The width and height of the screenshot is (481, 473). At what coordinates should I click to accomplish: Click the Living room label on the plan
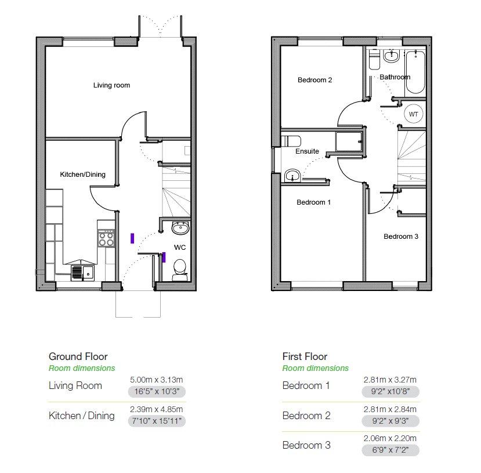111,85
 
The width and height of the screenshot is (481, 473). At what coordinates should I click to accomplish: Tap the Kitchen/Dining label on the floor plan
82,174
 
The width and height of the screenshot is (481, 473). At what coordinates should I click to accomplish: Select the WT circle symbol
413,114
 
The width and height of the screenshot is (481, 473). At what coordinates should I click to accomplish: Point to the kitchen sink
82,272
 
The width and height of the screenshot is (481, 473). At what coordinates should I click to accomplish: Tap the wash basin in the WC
180,228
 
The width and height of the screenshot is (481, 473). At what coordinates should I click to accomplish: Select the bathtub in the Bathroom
415,72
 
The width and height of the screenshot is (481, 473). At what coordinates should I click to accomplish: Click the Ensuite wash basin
292,176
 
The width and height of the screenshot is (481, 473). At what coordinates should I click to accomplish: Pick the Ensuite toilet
291,141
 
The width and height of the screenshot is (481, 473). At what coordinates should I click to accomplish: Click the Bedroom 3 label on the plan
400,237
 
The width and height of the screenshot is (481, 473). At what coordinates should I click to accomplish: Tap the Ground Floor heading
78,356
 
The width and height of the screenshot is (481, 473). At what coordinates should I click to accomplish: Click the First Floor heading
305,356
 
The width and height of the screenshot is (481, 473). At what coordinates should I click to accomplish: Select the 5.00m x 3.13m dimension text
157,380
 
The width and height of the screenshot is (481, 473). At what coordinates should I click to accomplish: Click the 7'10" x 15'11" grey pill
157,421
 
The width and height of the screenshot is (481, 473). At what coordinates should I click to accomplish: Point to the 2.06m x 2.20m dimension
390,438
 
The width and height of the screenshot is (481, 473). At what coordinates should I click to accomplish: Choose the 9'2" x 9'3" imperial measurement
390,421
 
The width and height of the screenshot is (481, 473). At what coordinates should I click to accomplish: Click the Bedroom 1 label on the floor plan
313,202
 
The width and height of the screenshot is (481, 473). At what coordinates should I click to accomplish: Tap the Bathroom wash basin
392,56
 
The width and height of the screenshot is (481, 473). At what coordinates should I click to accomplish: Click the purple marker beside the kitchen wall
132,238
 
